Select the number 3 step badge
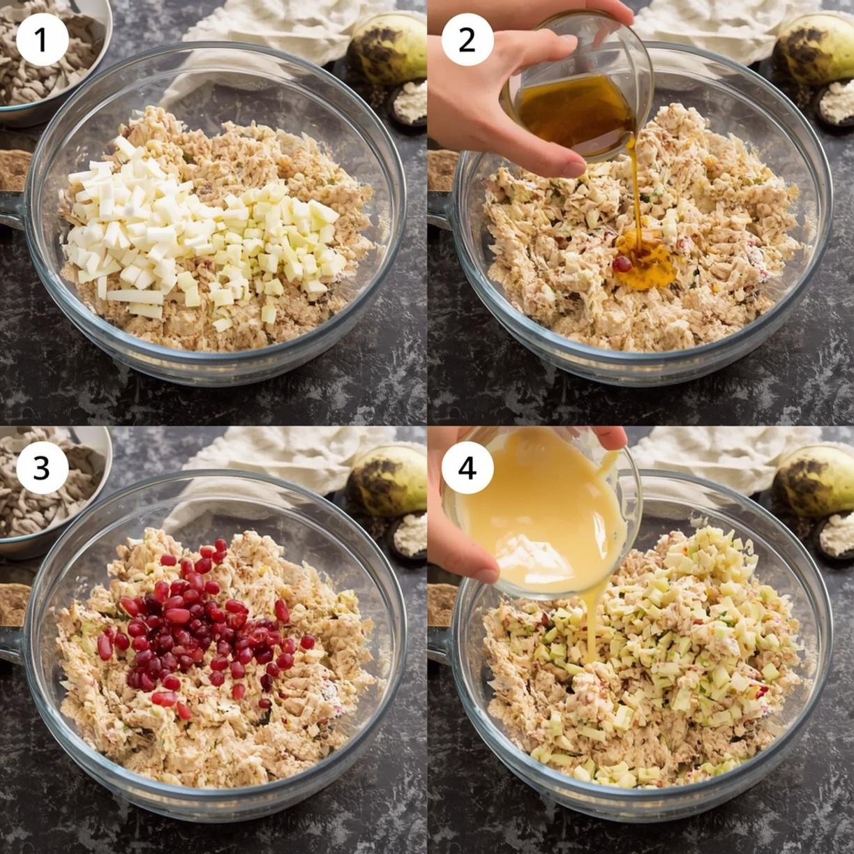[x=42, y=467]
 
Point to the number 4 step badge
[x=467, y=467]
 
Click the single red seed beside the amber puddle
[x=622, y=264]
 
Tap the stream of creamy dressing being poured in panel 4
[x=594, y=629]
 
